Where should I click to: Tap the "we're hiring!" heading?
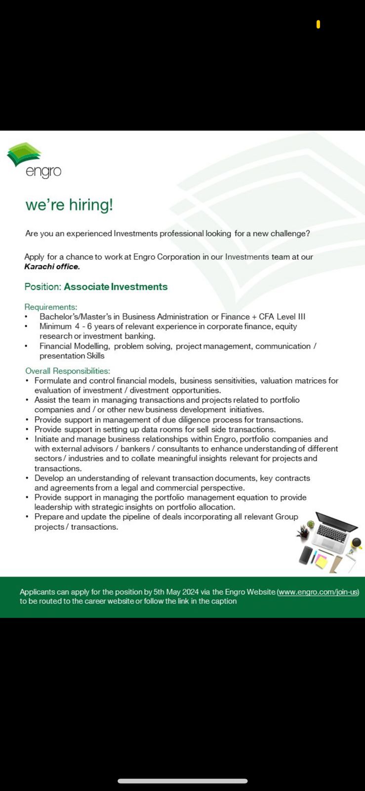coord(69,205)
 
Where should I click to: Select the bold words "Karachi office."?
coord(52,266)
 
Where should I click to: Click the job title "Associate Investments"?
coord(116,287)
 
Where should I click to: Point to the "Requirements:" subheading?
coord(51,307)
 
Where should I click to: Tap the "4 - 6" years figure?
coord(83,326)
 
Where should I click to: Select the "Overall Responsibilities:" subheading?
coord(68,371)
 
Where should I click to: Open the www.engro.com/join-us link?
coord(318,592)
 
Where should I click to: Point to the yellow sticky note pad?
coord(321,561)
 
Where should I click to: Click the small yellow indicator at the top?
coord(318,24)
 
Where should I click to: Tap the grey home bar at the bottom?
coord(182,781)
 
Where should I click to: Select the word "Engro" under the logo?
coord(43,172)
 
